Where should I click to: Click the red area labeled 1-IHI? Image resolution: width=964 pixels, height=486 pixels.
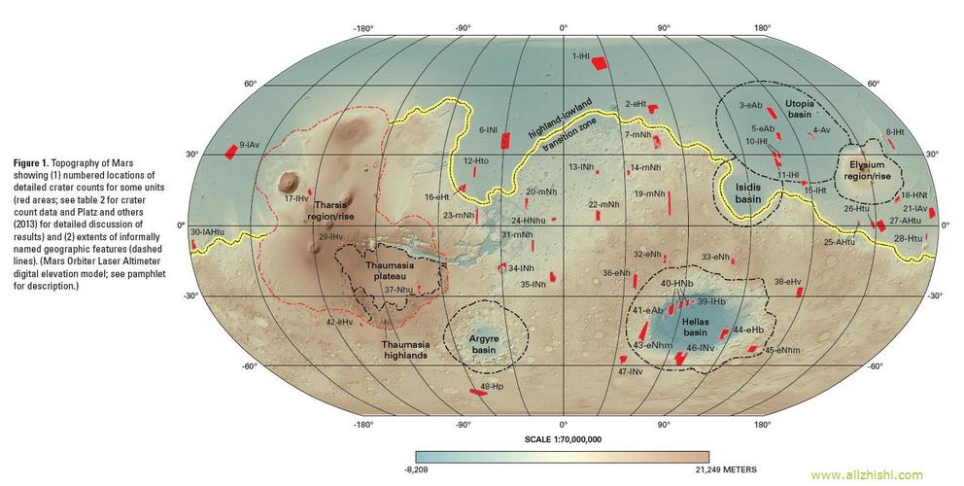tap(600, 63)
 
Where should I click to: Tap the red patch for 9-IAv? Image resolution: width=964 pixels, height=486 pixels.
tap(231, 151)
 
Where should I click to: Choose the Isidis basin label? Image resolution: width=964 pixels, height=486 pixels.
tap(747, 192)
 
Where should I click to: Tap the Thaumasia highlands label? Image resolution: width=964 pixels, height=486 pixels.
tap(401, 349)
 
